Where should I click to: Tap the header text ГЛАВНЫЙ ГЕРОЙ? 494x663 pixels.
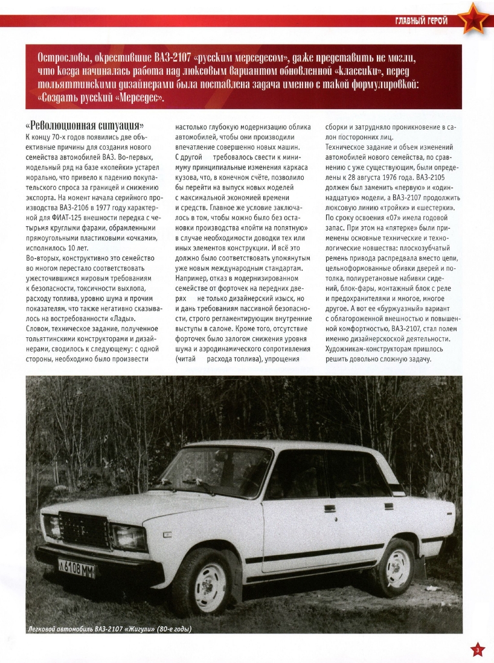pyautogui.click(x=421, y=22)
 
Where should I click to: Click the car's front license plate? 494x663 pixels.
pyautogui.click(x=77, y=568)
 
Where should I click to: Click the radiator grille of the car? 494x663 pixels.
pyautogui.click(x=83, y=529)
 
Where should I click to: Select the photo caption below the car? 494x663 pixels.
pyautogui.click(x=110, y=630)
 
